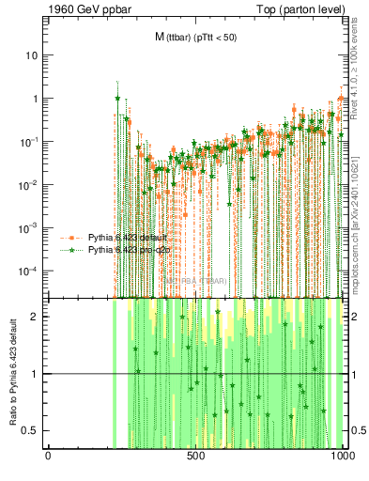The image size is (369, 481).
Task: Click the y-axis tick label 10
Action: tap(32, 55)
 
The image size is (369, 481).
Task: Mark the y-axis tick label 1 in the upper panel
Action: tap(36, 99)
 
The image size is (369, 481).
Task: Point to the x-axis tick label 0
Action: tap(48, 458)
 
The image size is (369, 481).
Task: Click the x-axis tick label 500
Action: tap(195, 458)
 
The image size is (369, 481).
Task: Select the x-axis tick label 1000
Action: tap(343, 458)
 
